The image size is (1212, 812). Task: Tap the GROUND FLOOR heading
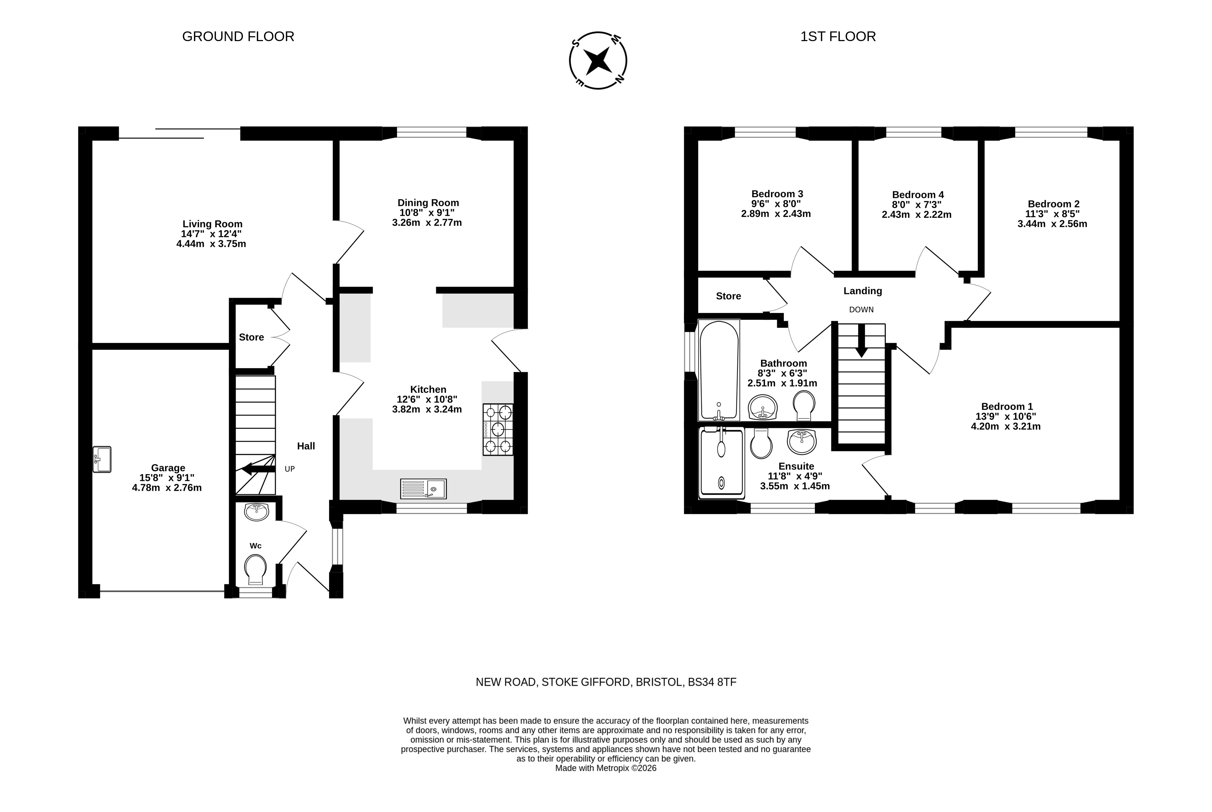(238, 36)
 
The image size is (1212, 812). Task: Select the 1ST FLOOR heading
(838, 36)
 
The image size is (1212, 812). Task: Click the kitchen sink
(423, 489)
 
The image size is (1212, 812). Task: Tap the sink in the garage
(102, 459)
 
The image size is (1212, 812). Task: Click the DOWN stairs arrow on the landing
(861, 341)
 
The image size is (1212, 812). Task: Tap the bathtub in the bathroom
(719, 370)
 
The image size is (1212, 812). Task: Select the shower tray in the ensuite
(721, 461)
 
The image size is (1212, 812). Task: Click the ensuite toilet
(761, 443)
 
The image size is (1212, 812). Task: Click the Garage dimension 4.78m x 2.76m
(167, 487)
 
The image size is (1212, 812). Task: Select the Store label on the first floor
(729, 296)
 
